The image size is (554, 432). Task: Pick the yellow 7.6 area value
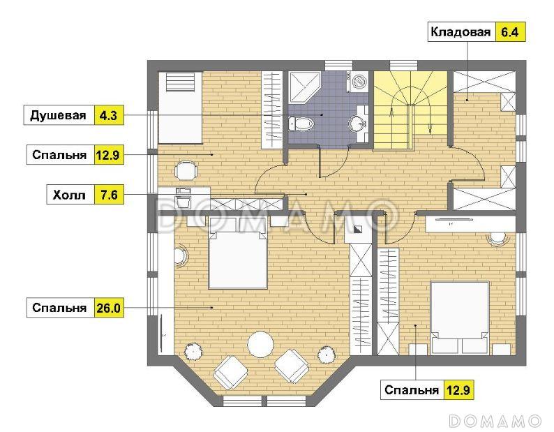pos(108,195)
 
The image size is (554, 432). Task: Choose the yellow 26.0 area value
pos(108,307)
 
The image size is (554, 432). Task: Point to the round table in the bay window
pos(261,343)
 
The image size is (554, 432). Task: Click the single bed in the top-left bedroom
pos(179,106)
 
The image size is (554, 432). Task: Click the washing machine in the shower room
pos(359,81)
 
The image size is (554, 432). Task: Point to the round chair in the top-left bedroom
pos(186,170)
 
